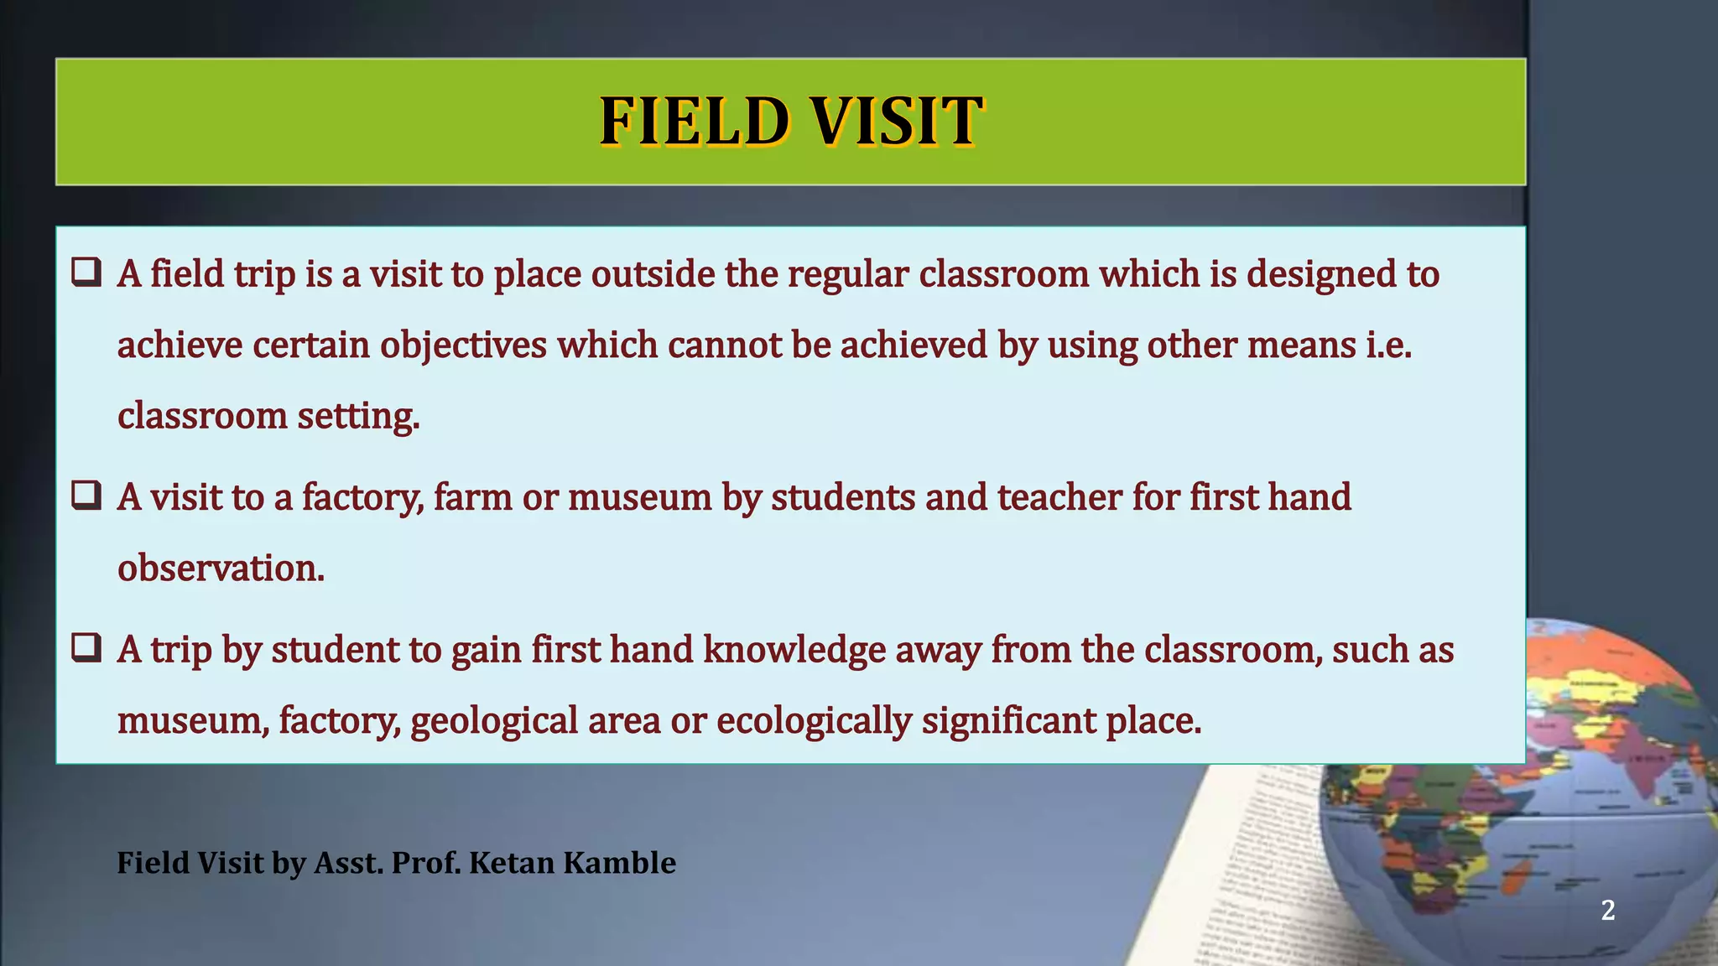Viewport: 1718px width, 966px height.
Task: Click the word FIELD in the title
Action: (695, 122)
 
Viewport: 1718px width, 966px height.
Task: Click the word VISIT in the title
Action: (897, 122)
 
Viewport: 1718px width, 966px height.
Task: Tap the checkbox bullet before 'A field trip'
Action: (86, 272)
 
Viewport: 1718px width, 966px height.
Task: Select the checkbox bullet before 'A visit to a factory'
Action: (86, 495)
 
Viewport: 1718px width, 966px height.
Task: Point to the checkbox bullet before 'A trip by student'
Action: (86, 647)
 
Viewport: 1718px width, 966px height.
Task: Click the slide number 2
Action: (1607, 910)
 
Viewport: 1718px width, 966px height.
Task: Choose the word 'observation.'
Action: (221, 569)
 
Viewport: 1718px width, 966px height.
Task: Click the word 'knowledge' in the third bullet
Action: (794, 650)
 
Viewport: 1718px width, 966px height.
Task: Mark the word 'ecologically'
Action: (813, 721)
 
